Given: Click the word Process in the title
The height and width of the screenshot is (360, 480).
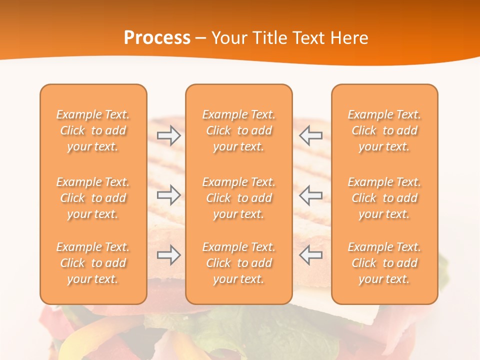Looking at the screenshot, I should (x=157, y=38).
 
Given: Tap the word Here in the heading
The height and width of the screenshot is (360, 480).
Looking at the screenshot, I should (x=348, y=38).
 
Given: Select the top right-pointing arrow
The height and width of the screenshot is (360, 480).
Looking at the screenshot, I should (x=169, y=135).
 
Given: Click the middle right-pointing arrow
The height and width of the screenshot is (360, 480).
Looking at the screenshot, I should (x=169, y=195).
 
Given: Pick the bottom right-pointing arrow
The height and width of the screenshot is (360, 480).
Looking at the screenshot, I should (x=169, y=255).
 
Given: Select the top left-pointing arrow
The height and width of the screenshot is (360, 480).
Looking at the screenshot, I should (x=310, y=135).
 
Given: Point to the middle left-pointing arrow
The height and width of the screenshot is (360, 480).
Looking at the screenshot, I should (x=310, y=195).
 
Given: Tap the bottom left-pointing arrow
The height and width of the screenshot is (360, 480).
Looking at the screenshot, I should (x=310, y=255).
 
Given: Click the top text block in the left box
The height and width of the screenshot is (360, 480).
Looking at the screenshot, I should (x=93, y=130).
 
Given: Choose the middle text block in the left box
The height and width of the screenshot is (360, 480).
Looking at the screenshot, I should (x=93, y=198).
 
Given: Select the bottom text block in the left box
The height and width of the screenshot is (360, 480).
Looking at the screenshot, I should (x=93, y=263).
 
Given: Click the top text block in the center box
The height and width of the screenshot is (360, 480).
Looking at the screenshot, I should (x=239, y=130).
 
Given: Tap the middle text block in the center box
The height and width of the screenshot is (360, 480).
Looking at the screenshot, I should (x=239, y=198).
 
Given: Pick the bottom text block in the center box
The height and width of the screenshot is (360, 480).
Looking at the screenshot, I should (x=239, y=263).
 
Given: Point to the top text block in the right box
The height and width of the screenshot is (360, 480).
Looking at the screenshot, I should (x=384, y=130).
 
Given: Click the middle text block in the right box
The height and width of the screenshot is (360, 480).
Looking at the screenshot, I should (x=384, y=198).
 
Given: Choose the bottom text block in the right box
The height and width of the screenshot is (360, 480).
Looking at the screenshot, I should (x=384, y=263).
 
